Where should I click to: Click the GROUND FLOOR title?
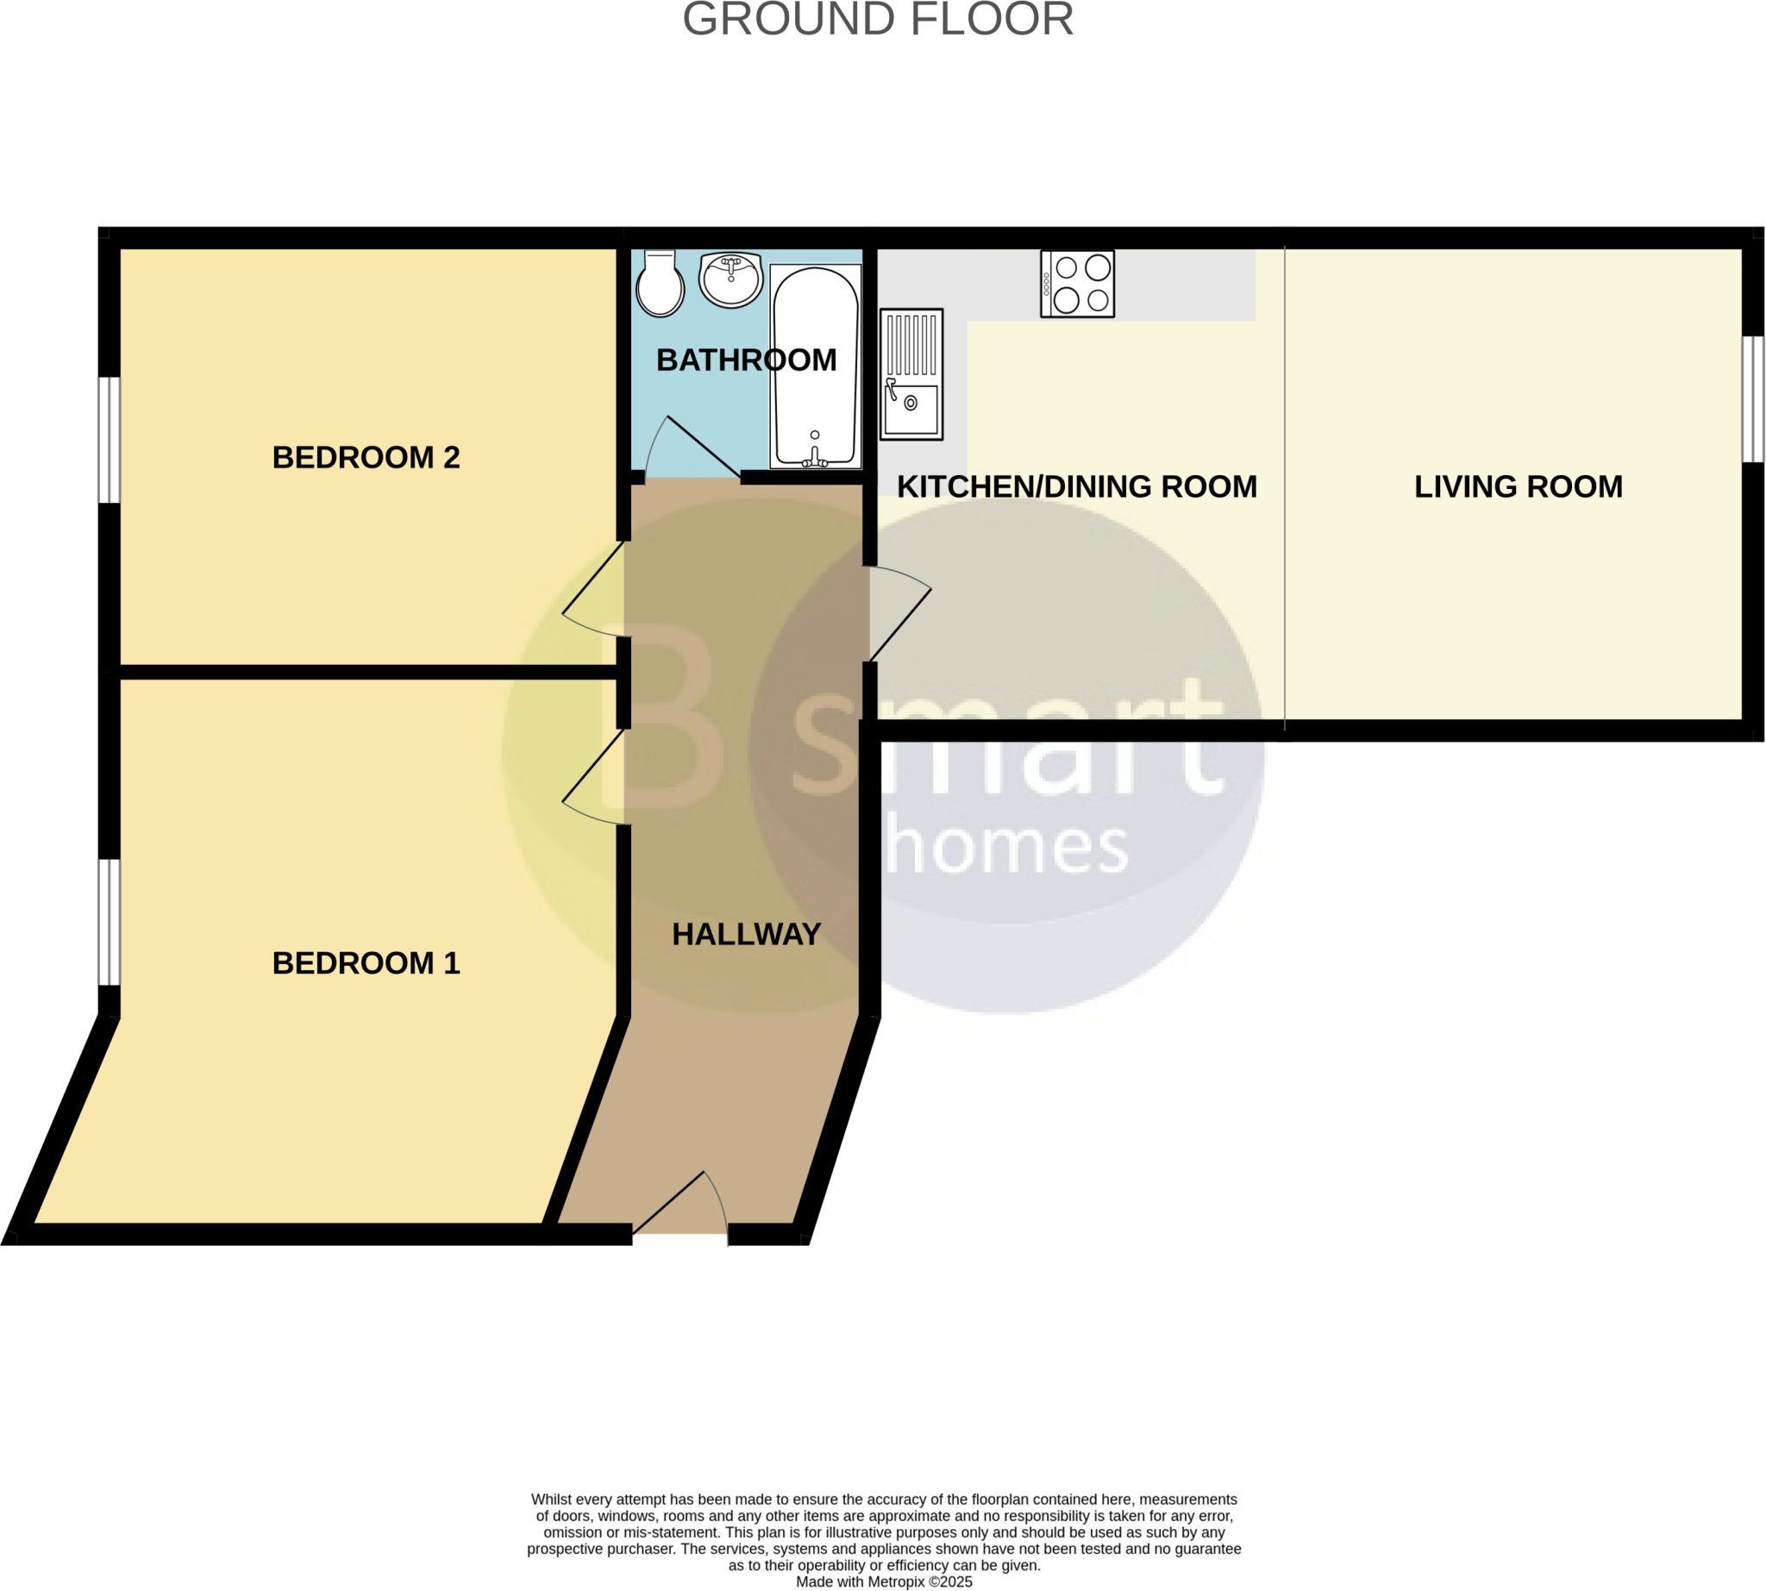878,19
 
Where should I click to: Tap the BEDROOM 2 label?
366,457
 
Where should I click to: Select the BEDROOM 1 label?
366,963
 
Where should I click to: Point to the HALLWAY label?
746,935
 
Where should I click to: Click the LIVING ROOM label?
1518,487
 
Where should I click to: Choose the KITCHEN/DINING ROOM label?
1076,487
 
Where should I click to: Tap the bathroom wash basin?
731,279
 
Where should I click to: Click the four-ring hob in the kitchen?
1077,284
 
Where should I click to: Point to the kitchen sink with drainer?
911,374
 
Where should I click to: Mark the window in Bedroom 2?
109,440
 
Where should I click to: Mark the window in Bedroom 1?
109,922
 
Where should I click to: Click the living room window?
1752,399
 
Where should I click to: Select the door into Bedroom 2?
594,590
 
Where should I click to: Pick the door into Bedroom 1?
594,778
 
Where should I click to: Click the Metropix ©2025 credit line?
883,1582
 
